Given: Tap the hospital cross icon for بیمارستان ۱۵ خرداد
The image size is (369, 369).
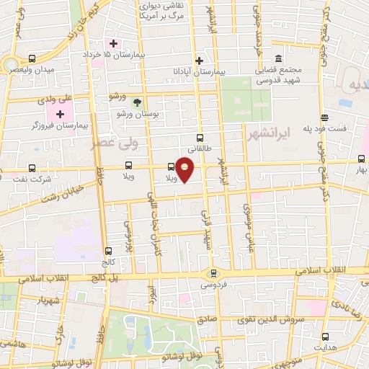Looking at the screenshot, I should click(113, 43).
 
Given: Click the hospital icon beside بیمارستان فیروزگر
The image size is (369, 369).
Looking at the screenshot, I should click(61, 115).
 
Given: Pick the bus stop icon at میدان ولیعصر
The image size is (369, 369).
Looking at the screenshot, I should click(31, 58).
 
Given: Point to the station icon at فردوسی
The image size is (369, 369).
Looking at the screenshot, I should click(213, 273).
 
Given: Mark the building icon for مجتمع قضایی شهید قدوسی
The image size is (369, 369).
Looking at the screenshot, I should click(277, 61).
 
